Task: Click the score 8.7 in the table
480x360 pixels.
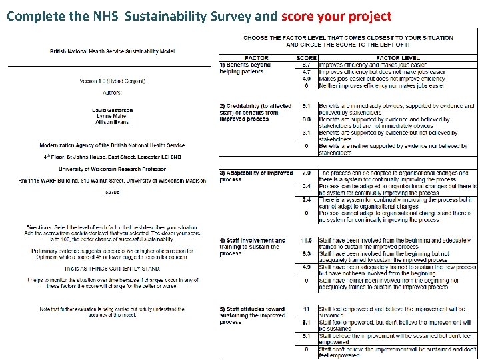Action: [306, 65]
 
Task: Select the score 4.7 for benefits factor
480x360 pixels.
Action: [306, 71]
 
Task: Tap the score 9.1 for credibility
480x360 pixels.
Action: [306, 106]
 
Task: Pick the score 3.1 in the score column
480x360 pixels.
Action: [306, 133]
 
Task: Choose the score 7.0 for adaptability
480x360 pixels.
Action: [306, 173]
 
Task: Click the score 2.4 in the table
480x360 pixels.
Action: [306, 200]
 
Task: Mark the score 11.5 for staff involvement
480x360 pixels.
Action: [306, 241]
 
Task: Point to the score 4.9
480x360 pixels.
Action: [306, 267]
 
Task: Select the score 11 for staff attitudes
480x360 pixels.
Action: [306, 309]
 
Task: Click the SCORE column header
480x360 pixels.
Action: [306, 58]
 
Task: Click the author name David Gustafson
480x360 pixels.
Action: [111, 110]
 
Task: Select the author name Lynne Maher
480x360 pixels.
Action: [111, 116]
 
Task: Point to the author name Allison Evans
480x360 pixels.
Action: [111, 122]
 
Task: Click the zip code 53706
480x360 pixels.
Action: [111, 193]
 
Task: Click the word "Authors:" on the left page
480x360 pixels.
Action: [111, 93]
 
